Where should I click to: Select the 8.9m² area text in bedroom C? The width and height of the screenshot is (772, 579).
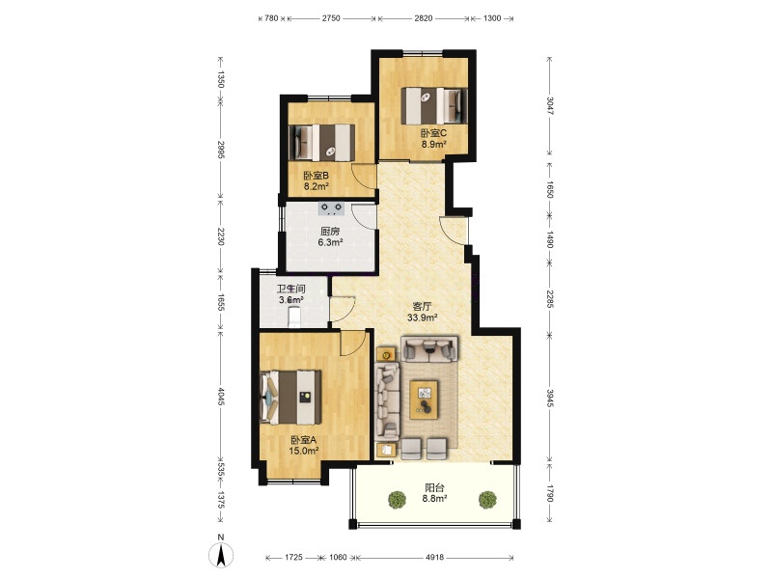pos(433,144)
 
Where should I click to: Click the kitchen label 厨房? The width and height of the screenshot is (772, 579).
pos(330,232)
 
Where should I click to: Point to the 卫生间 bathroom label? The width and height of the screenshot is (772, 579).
pos(291,289)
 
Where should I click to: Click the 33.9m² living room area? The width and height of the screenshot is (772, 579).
pos(423,317)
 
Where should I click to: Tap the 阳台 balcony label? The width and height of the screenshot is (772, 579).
pos(434,488)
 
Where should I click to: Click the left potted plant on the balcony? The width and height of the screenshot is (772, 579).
pos(397,499)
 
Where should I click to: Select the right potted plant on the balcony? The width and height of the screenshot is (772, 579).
pos(487,499)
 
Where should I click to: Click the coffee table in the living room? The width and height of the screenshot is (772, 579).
pos(424,400)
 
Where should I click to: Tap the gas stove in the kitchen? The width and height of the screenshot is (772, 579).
pos(331,208)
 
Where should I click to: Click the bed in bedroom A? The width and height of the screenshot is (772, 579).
pos(290,397)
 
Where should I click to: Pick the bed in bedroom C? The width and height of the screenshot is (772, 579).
pos(433,106)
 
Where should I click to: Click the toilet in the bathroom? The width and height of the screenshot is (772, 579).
pos(294,317)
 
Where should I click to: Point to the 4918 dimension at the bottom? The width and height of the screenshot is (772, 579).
pos(434,558)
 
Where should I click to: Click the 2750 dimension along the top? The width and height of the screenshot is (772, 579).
pos(331,18)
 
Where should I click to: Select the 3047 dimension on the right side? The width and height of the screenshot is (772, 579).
pos(550,106)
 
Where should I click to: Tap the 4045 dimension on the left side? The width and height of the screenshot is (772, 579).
pos(221,397)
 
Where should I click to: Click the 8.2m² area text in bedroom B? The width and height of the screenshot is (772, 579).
pos(316,186)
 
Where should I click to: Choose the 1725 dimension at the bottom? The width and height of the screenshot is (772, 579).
pos(294,558)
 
